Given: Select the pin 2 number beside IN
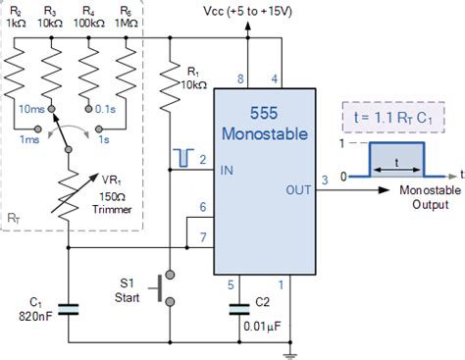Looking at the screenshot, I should click(203, 158).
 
